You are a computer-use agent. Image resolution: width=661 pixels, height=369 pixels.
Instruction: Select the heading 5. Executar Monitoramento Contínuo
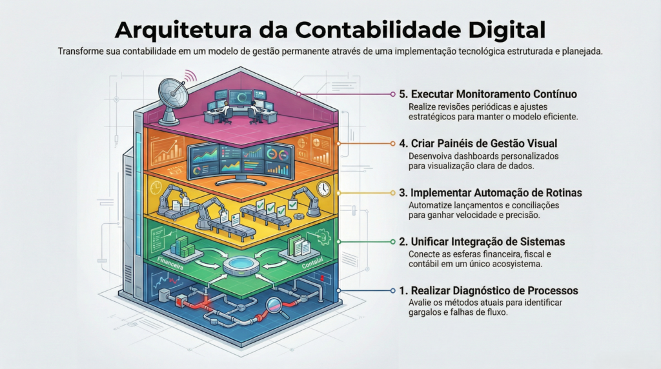pos(488,94)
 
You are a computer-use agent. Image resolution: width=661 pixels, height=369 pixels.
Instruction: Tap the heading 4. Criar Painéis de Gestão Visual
pos(478,143)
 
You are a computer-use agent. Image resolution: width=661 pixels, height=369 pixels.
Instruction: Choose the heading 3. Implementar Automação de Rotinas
pos(491,192)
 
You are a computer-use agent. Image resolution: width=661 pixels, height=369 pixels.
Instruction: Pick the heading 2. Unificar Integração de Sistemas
pos(482,242)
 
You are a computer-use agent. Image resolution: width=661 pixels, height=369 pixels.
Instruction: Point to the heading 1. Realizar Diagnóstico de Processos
pos(489,291)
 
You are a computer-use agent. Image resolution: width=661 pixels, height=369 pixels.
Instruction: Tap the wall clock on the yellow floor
pos(323,188)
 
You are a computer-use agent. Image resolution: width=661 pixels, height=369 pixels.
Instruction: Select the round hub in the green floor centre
pos(239,266)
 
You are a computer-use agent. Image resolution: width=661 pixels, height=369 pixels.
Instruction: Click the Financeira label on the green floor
pos(170,263)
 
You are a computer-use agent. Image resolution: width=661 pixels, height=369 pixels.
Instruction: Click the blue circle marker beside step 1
pos(392,291)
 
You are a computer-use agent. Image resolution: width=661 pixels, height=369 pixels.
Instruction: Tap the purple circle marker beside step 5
pos(392,94)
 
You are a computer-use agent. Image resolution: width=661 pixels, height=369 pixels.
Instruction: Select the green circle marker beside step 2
pos(392,242)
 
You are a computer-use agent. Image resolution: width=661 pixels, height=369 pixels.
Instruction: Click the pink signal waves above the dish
pos(190,76)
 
